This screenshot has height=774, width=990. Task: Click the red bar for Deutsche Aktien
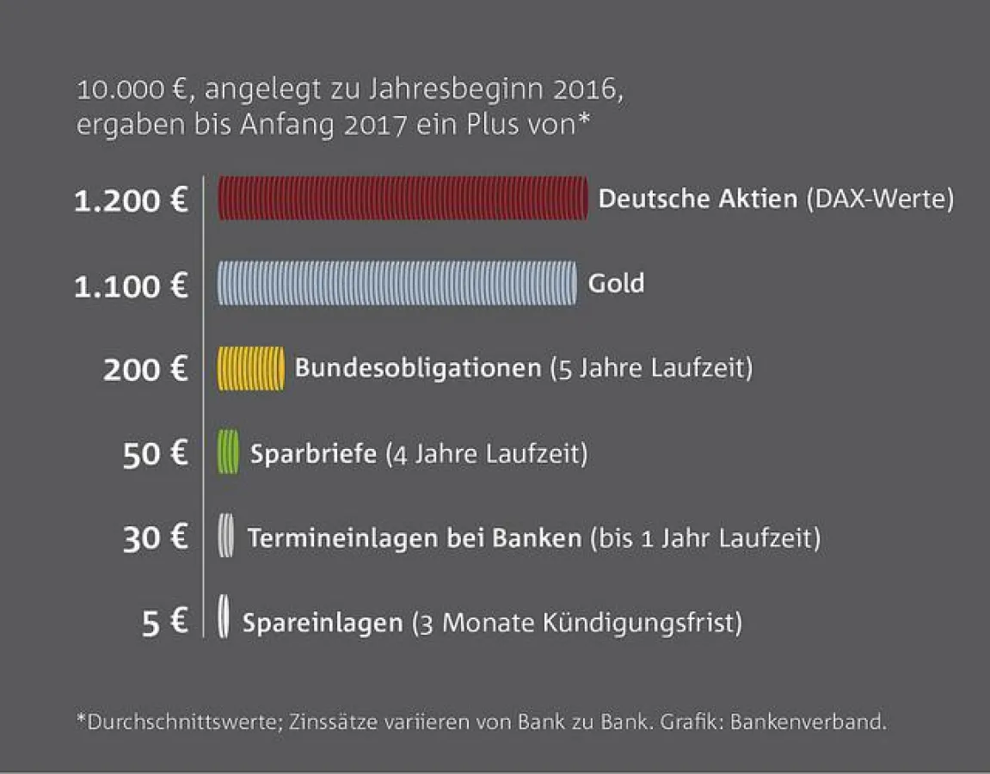(403, 199)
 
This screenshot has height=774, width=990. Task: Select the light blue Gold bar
(397, 283)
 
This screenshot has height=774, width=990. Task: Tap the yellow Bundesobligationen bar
(250, 368)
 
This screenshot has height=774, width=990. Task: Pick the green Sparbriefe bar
(228, 452)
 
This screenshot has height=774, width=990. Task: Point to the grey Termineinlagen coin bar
(225, 536)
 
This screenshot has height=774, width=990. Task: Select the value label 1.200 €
(131, 201)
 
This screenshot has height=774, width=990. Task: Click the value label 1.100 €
(131, 286)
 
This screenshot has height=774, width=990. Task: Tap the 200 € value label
(145, 370)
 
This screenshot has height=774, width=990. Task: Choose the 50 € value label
(155, 453)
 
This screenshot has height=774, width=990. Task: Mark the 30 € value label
(155, 537)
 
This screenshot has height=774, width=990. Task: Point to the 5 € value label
(164, 622)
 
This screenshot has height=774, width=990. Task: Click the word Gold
(616, 283)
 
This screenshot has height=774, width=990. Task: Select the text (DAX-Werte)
(880, 200)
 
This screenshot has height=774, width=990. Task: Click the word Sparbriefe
(313, 452)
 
